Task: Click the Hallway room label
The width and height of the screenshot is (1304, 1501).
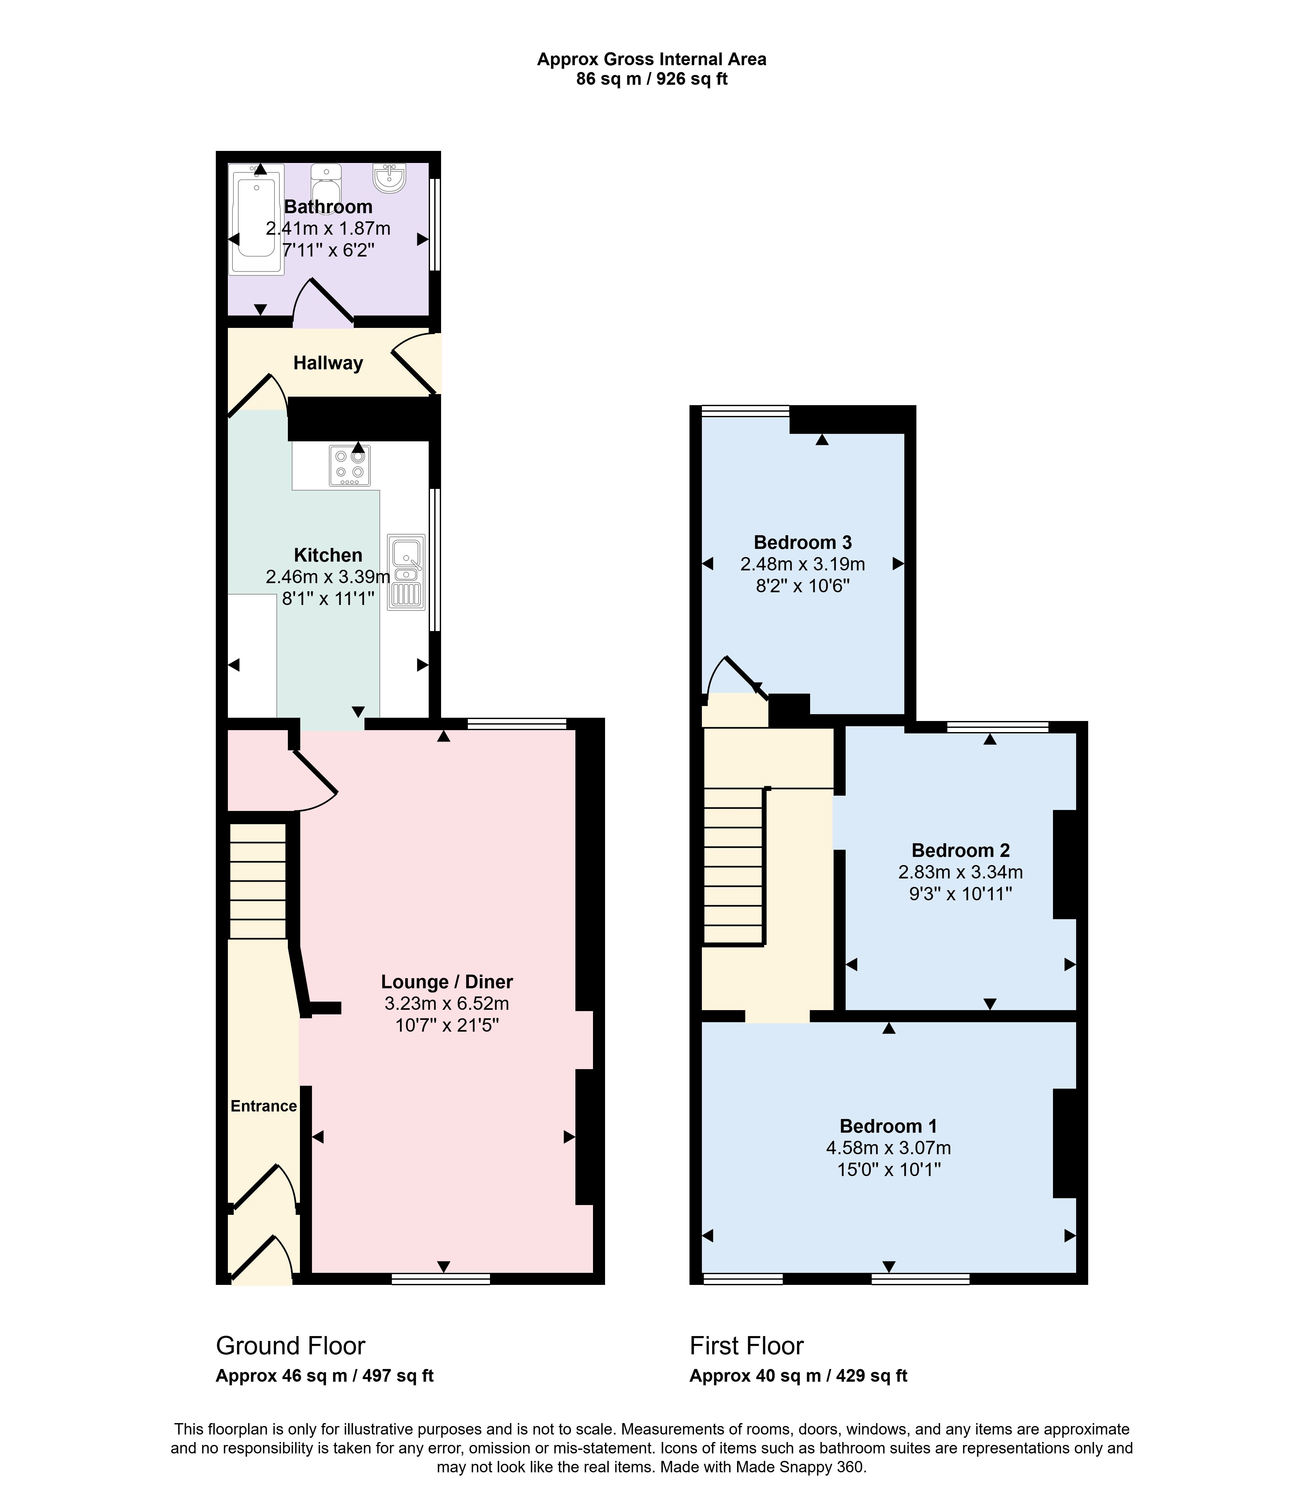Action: pyautogui.click(x=328, y=363)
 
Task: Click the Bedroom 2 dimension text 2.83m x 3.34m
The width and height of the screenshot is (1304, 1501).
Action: pyautogui.click(x=960, y=872)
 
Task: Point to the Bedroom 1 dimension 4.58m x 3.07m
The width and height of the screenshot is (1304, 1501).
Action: pyautogui.click(x=888, y=1148)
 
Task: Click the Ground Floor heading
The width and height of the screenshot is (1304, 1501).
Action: pyautogui.click(x=290, y=1346)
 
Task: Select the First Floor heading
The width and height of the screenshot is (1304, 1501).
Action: pyautogui.click(x=747, y=1346)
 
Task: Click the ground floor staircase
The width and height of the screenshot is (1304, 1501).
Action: pyautogui.click(x=258, y=880)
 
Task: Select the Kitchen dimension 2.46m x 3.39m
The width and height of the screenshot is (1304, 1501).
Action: pyautogui.click(x=328, y=577)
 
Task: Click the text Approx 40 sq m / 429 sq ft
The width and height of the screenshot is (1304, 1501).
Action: pyautogui.click(x=798, y=1376)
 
